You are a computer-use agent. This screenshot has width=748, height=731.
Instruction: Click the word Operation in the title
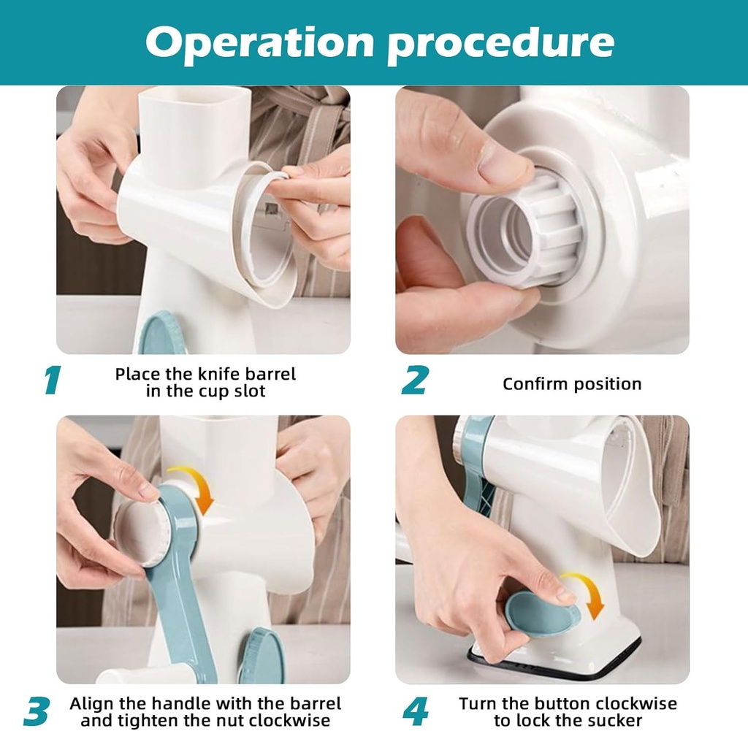click(x=260, y=43)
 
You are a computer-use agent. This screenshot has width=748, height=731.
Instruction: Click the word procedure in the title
click(x=500, y=44)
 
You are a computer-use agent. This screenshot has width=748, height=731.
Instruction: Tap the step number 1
click(x=52, y=380)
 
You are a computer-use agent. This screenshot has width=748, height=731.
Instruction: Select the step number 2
click(x=415, y=380)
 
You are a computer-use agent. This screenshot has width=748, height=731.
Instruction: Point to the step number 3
click(x=37, y=711)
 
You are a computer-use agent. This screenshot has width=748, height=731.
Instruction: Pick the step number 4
click(x=416, y=711)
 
